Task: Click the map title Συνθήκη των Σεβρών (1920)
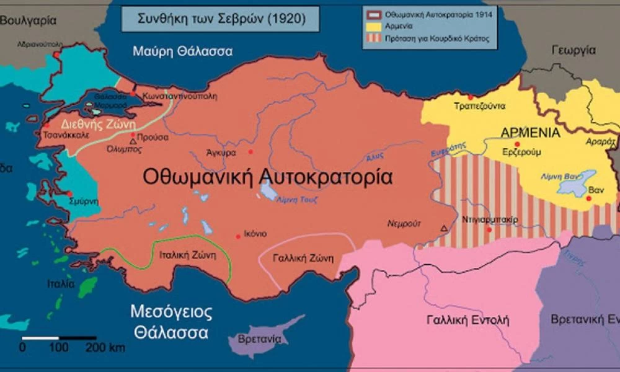(x=220, y=19)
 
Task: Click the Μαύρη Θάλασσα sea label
(x=182, y=51)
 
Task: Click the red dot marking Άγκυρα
(x=250, y=152)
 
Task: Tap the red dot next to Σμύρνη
(x=69, y=194)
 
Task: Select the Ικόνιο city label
(x=255, y=234)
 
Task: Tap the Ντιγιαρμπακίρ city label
(x=490, y=219)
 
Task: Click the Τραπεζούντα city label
(x=480, y=105)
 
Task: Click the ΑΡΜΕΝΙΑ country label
(x=530, y=133)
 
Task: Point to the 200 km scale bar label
(x=105, y=348)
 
